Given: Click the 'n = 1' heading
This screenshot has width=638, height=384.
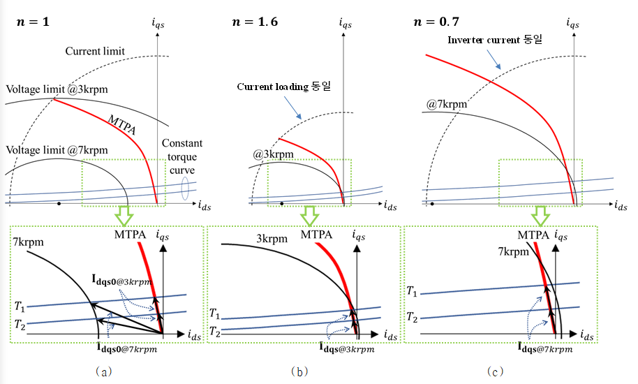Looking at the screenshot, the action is pyautogui.click(x=33, y=22).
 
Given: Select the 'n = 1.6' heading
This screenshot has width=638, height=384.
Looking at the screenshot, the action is pyautogui.click(x=255, y=22).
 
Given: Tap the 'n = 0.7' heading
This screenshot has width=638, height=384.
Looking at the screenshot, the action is pyautogui.click(x=436, y=22).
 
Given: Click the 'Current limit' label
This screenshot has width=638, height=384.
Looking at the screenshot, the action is pyautogui.click(x=95, y=51).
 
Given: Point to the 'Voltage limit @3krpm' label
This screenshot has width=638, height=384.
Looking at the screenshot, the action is pyautogui.click(x=57, y=89).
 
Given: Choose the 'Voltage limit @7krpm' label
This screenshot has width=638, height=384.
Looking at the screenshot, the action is pyautogui.click(x=57, y=151).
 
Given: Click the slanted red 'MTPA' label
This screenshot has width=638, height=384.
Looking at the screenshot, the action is pyautogui.click(x=122, y=124).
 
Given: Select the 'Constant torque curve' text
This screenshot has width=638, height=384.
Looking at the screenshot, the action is pyautogui.click(x=182, y=156).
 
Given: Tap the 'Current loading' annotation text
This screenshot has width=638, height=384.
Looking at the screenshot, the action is pyautogui.click(x=273, y=87).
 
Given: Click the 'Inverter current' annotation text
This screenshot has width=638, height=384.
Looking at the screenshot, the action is pyautogui.click(x=484, y=40).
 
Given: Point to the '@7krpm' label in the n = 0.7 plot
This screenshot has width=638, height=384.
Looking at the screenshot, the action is pyautogui.click(x=446, y=104).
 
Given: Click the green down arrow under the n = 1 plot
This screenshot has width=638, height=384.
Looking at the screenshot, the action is pyautogui.click(x=124, y=216).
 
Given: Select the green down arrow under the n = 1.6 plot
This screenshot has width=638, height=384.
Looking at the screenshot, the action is pyautogui.click(x=310, y=216).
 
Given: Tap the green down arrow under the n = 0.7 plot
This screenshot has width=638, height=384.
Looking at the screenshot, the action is pyautogui.click(x=541, y=216).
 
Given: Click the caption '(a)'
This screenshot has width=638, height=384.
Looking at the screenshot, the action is pyautogui.click(x=103, y=371).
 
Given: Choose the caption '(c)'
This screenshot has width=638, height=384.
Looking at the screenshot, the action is pyautogui.click(x=495, y=371).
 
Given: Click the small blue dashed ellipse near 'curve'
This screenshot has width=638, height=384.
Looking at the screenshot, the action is pyautogui.click(x=185, y=189).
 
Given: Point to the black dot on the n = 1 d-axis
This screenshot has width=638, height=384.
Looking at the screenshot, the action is pyautogui.click(x=59, y=203).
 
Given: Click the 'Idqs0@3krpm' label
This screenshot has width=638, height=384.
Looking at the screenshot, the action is pyautogui.click(x=121, y=280).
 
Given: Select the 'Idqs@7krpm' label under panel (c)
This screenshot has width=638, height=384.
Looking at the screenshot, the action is pyautogui.click(x=545, y=348).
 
